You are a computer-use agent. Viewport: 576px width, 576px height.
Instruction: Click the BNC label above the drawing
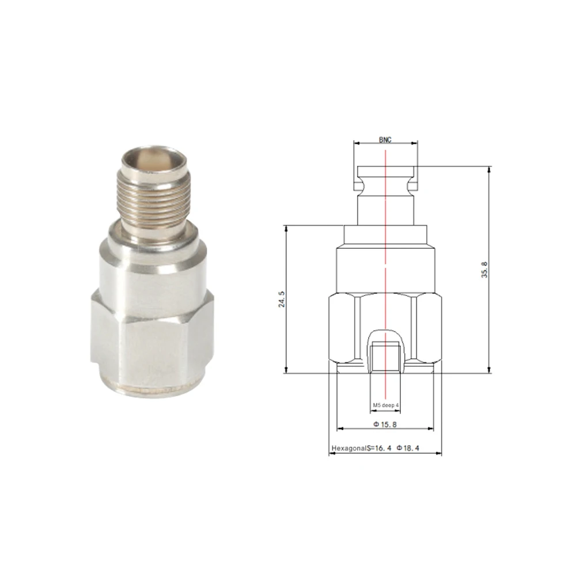tap(385, 140)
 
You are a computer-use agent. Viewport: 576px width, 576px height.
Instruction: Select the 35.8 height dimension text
tap(484, 270)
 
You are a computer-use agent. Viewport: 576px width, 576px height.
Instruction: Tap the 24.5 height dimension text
tap(282, 300)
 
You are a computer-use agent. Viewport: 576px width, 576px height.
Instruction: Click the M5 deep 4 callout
tap(385, 406)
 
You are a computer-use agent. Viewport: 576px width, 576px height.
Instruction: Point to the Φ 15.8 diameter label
tap(385, 424)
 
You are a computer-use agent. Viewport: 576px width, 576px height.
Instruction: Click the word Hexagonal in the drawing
tap(345, 448)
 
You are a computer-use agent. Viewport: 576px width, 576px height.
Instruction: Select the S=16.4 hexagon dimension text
tap(376, 448)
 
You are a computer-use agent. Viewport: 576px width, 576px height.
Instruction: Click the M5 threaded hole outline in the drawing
tap(385, 354)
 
